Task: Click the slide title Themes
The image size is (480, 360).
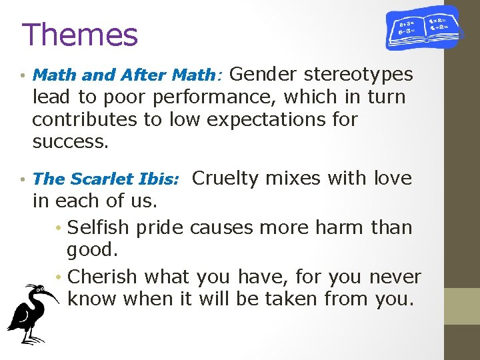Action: (79, 35)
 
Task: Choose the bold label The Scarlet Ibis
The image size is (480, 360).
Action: (105, 179)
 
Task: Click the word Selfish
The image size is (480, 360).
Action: (99, 227)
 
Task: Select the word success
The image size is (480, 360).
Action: (69, 142)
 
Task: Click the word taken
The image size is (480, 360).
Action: (293, 299)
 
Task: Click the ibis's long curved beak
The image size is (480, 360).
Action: (49, 292)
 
